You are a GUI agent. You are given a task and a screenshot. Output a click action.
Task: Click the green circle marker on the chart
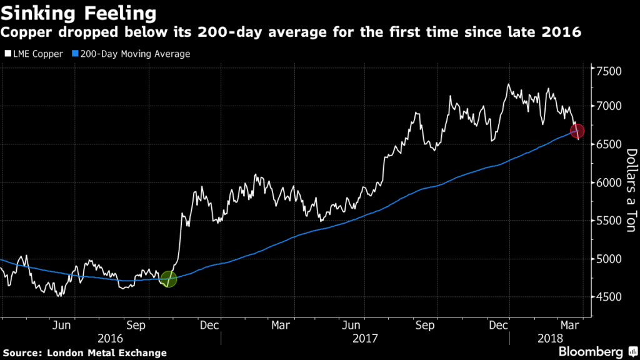point(168,279)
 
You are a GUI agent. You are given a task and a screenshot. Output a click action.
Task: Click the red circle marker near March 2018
point(577,131)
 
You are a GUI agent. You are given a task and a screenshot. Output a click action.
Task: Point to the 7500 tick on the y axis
point(608,71)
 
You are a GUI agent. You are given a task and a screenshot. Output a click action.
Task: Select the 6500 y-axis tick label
point(608,145)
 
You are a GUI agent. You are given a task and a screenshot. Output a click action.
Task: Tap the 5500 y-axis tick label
point(608,221)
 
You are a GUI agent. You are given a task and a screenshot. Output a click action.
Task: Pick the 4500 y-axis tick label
point(608,297)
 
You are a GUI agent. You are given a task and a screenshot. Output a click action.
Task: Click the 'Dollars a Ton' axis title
point(631,191)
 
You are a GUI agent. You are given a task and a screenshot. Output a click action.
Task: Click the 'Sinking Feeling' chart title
point(78,12)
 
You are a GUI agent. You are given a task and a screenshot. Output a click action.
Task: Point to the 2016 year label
point(111,338)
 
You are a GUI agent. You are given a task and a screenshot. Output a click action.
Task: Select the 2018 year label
point(549,338)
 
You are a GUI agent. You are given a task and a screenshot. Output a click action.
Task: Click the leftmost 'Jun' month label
point(61,325)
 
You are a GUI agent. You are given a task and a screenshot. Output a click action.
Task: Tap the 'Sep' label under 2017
point(425,325)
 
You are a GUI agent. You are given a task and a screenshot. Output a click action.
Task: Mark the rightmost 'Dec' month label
point(498,325)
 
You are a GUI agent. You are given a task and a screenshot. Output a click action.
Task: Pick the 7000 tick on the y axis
point(608,107)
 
